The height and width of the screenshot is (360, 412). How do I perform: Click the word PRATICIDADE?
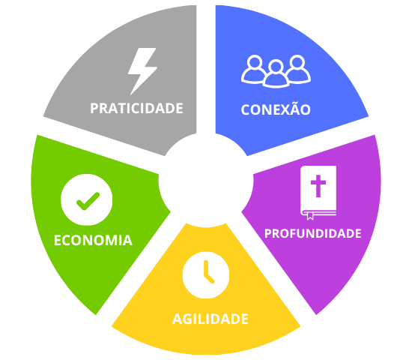click(136, 108)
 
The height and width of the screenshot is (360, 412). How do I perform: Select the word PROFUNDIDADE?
click(312, 233)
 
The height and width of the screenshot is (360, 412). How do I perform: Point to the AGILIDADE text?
click(210, 319)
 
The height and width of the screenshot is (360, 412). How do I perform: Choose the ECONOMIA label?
click(93, 240)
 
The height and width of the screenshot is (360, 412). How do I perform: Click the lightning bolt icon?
click(142, 71)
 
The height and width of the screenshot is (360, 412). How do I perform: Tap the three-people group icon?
click(276, 71)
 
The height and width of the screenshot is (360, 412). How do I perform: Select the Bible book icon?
click(318, 192)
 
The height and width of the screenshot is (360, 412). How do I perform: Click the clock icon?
click(206, 275)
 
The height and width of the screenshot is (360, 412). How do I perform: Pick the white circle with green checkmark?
click(87, 199)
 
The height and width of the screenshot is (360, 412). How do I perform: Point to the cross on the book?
click(318, 186)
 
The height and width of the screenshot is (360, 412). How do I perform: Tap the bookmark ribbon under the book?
click(310, 217)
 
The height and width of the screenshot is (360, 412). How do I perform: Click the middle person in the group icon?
click(276, 74)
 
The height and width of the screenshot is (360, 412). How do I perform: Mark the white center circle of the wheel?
click(206, 181)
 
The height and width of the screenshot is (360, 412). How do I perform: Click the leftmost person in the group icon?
click(252, 69)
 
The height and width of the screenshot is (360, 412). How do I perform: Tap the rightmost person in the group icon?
click(299, 69)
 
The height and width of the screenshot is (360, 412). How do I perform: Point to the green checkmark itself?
click(88, 201)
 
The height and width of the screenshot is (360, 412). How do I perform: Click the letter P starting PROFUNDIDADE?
click(268, 233)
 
